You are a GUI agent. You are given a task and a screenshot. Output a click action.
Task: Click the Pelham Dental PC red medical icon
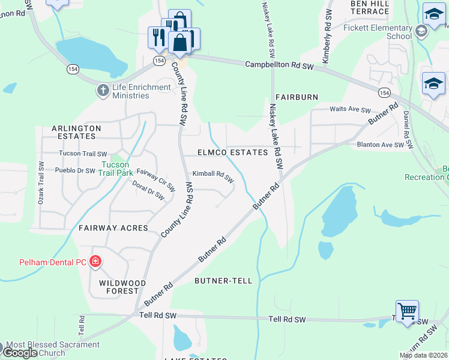pyautogui.click(x=95, y=262)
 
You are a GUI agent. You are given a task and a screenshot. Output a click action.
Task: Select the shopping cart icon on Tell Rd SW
pyautogui.click(x=407, y=311)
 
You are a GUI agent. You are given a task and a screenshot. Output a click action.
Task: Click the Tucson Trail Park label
pyautogui.click(x=115, y=168)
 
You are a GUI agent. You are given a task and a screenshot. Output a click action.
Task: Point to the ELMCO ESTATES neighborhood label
pyautogui.click(x=233, y=153)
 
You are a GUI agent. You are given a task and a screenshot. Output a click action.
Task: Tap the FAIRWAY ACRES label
pyautogui.click(x=113, y=228)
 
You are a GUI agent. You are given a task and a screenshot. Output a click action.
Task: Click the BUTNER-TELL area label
pyautogui.click(x=220, y=280)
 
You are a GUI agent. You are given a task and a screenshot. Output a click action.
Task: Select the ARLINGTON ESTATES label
pyautogui.click(x=76, y=132)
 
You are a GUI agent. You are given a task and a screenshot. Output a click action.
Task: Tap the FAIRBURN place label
pyautogui.click(x=297, y=97)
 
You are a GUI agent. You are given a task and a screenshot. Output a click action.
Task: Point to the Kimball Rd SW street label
pyautogui.click(x=212, y=176)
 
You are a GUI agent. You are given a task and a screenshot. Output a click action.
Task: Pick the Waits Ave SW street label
pyautogui.click(x=351, y=110)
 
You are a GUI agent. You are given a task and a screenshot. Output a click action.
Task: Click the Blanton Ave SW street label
pyautogui.click(x=381, y=145)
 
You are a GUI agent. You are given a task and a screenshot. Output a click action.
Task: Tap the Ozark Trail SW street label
pyautogui.click(x=41, y=184)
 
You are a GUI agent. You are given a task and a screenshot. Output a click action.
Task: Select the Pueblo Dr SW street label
pyautogui.click(x=75, y=170)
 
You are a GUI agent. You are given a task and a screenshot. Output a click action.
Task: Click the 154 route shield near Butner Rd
pyautogui.click(x=384, y=92)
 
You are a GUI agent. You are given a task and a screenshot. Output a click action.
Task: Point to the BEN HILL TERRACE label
pyautogui.click(x=370, y=7)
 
